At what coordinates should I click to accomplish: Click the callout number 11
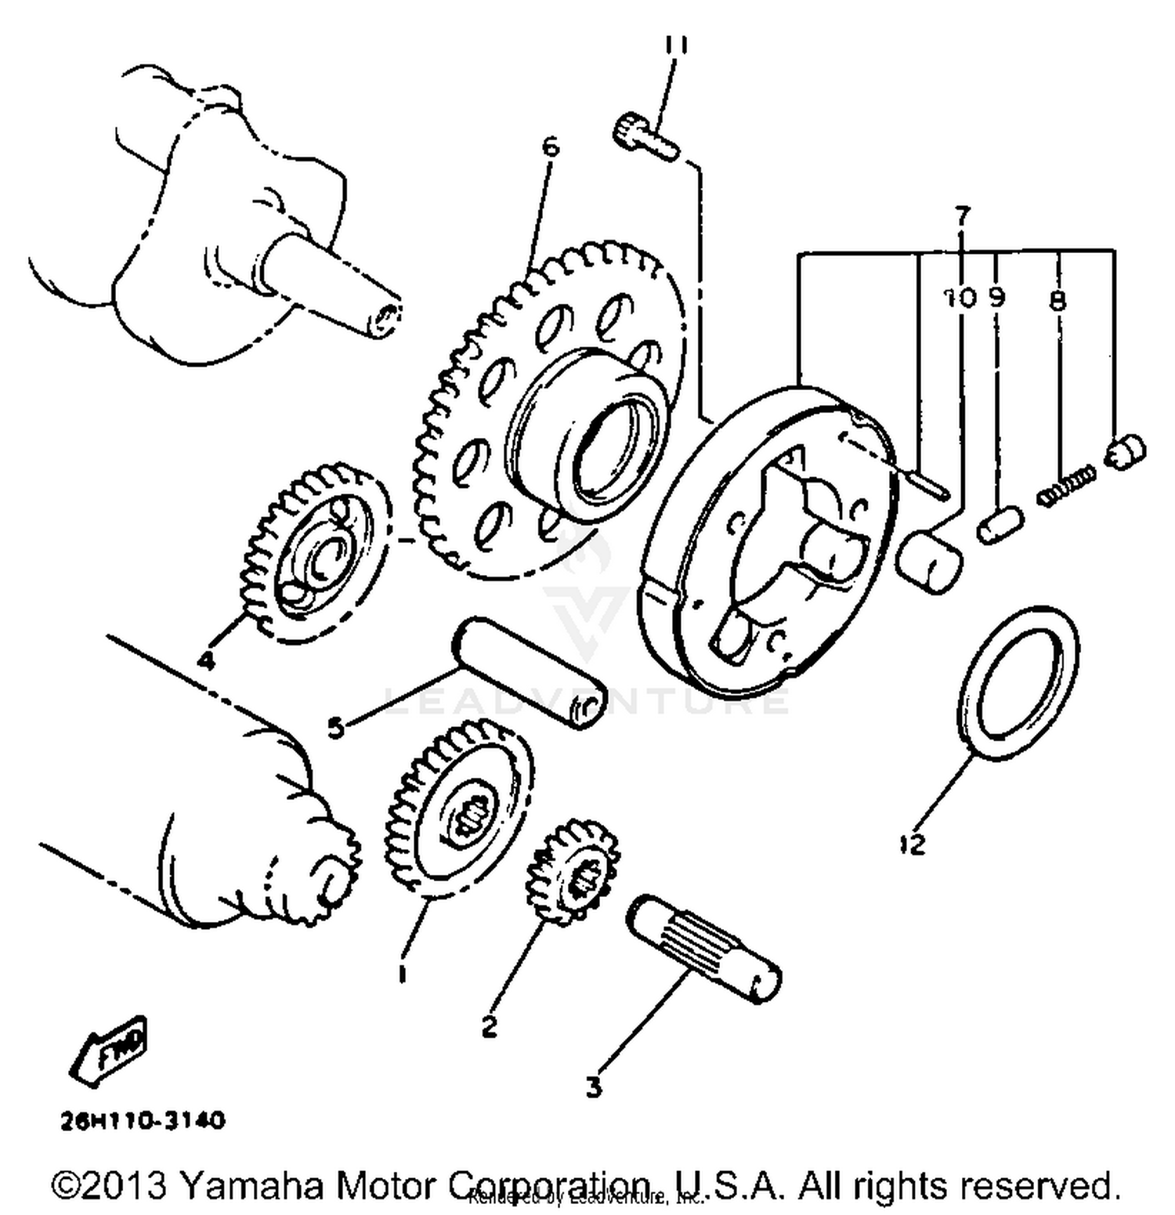(676, 45)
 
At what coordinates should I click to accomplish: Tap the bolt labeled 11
(645, 137)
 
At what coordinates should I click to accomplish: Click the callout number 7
(963, 214)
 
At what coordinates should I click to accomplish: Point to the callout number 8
(1057, 300)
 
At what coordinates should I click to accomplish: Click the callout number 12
(913, 844)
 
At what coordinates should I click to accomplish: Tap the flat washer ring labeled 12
(1018, 682)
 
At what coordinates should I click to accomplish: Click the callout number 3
(594, 1087)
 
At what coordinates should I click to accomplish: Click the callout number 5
(336, 728)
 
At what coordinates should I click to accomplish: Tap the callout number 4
(205, 661)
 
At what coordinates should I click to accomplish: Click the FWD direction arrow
(110, 1050)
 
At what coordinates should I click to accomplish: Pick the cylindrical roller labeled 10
(929, 561)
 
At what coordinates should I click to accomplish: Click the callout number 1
(402, 974)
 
